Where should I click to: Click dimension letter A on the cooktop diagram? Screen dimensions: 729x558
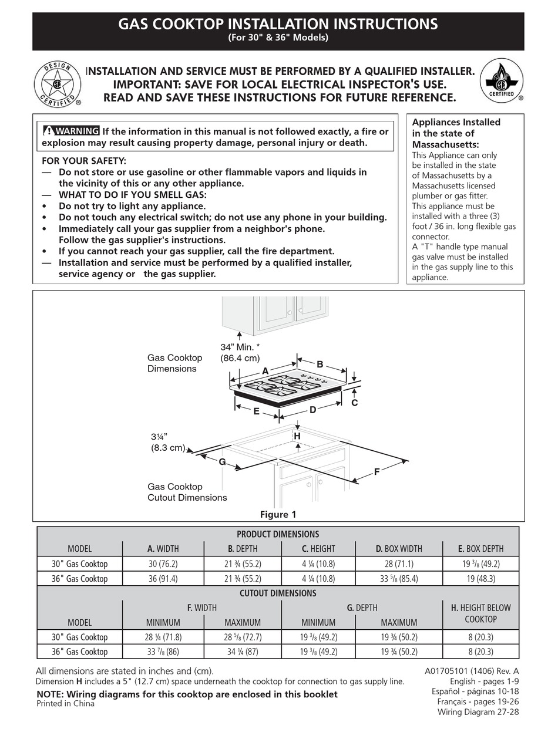coord(265,372)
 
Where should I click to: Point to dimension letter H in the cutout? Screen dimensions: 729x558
coord(297,436)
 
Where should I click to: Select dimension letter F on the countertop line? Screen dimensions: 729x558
coord(377,471)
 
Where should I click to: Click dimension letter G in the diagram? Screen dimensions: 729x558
coord(222,462)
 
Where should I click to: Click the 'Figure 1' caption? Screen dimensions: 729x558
coord(278,515)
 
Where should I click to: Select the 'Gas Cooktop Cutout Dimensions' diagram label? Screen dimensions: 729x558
coord(187,492)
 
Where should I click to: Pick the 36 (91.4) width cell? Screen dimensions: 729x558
coord(163,578)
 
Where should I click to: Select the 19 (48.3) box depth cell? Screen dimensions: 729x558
coord(480,578)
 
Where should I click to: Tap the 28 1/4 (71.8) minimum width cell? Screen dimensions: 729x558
coord(163,637)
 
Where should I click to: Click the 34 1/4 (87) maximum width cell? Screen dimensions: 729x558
coord(242,652)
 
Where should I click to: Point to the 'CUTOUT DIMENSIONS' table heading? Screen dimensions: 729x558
coord(278,593)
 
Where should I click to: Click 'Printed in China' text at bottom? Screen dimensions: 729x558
coord(65,704)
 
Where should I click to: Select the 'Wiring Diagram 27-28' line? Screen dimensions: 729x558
coord(478,712)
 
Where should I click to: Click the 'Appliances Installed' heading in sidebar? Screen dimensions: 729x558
coord(456,122)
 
